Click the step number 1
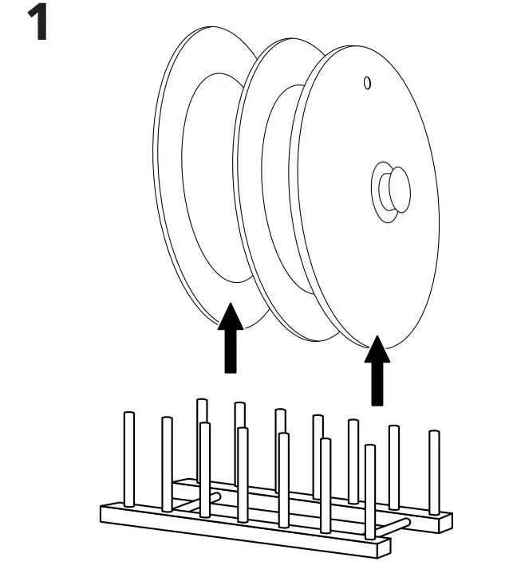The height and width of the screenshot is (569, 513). (x=34, y=24)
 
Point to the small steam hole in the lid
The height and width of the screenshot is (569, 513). (x=367, y=82)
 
